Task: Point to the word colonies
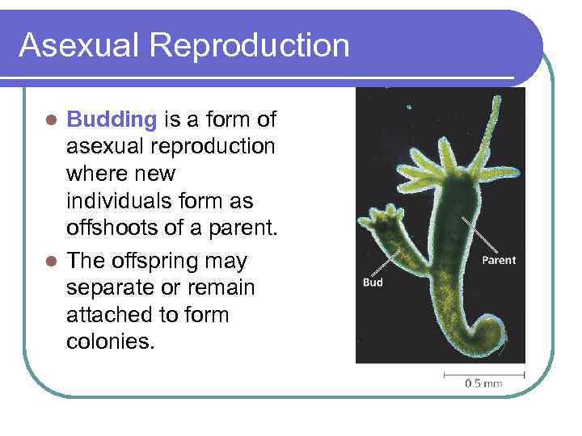point(110,342)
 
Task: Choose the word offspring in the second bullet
point(183,261)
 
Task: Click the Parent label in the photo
point(499,260)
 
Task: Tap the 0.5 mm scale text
point(483,384)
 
